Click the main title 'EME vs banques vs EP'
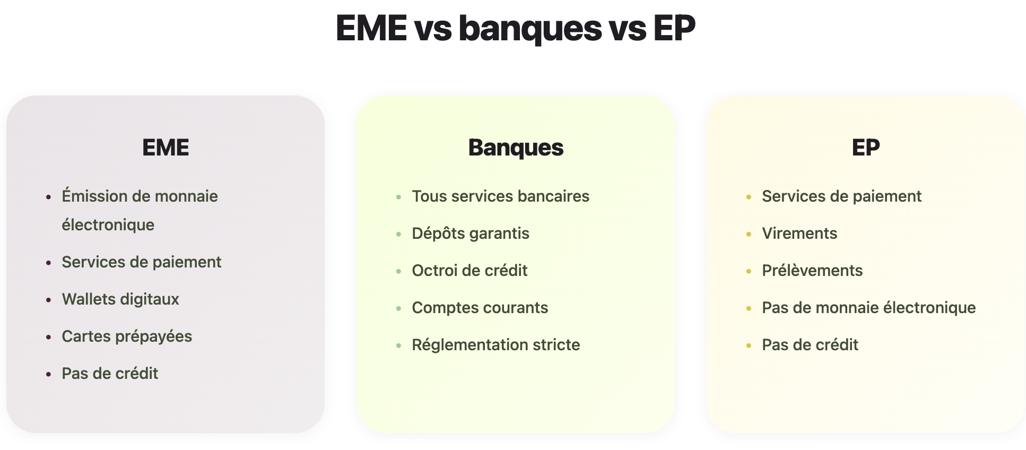coord(515,28)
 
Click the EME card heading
coord(166,148)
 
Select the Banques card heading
coord(516,148)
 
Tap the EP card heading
coord(866,148)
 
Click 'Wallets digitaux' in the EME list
coord(120,299)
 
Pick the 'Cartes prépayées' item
coord(127,336)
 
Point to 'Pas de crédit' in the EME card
coord(110,374)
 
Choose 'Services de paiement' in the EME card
coord(142,262)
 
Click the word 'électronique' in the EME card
coord(108,225)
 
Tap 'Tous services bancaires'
coord(501,196)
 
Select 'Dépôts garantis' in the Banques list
coord(471,233)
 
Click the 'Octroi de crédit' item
coord(469,271)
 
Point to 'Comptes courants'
coord(480,308)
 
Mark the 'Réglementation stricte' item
coord(496,345)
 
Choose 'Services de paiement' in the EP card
coord(842,196)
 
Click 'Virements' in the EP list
coord(799,233)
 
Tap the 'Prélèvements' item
coord(812,271)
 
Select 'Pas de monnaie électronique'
coord(869,308)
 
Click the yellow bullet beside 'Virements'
coord(749,234)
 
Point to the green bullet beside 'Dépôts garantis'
coord(398,234)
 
